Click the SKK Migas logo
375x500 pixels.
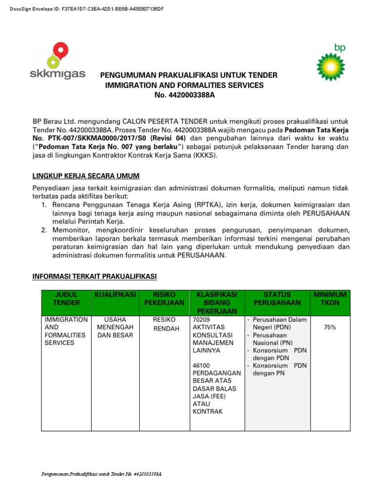(57, 61)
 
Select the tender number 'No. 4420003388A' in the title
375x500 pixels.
(185, 95)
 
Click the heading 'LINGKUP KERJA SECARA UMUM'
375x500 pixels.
(86, 176)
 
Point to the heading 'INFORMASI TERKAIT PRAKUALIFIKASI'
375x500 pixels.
(94, 277)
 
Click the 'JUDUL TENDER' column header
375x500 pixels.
(66, 298)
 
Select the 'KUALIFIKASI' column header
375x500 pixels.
(114, 294)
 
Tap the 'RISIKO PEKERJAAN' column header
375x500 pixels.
(164, 298)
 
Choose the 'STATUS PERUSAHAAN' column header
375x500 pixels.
(277, 298)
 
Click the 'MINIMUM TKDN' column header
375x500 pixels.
(330, 298)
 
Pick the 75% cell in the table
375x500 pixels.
(330, 328)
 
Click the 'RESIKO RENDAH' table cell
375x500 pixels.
(164, 324)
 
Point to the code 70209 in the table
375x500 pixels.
(202, 320)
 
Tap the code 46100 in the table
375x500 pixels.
(202, 365)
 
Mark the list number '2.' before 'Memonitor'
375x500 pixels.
(44, 229)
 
